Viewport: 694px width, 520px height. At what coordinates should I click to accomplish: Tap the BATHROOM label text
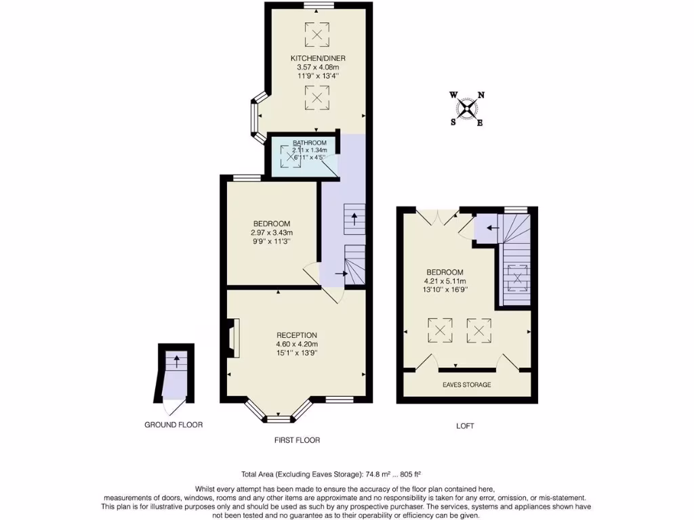(x=310, y=143)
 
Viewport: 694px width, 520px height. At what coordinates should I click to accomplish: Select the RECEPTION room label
(x=297, y=335)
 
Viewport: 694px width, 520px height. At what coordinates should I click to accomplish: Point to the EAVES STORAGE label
(x=468, y=385)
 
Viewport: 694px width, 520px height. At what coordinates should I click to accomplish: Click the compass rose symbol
(x=467, y=108)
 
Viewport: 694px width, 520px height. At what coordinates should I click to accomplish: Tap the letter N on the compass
(x=481, y=95)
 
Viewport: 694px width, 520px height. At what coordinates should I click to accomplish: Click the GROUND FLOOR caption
(x=173, y=425)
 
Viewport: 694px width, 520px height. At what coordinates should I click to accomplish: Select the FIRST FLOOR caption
(x=297, y=440)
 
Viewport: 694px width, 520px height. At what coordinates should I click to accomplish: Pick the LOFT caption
(x=465, y=427)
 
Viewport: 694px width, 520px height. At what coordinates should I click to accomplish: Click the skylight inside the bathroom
(x=292, y=156)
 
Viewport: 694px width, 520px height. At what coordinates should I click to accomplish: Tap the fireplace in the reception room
(x=232, y=339)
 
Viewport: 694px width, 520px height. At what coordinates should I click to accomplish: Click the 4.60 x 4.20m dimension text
(x=297, y=344)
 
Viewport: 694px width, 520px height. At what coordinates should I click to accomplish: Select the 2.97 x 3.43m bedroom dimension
(x=272, y=233)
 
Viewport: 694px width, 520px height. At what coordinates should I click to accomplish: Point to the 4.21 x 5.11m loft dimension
(x=444, y=282)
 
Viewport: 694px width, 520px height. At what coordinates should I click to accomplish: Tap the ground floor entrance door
(x=173, y=406)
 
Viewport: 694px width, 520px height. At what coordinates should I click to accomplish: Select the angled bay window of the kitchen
(x=258, y=122)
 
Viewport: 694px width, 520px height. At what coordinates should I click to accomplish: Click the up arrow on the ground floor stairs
(x=176, y=360)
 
